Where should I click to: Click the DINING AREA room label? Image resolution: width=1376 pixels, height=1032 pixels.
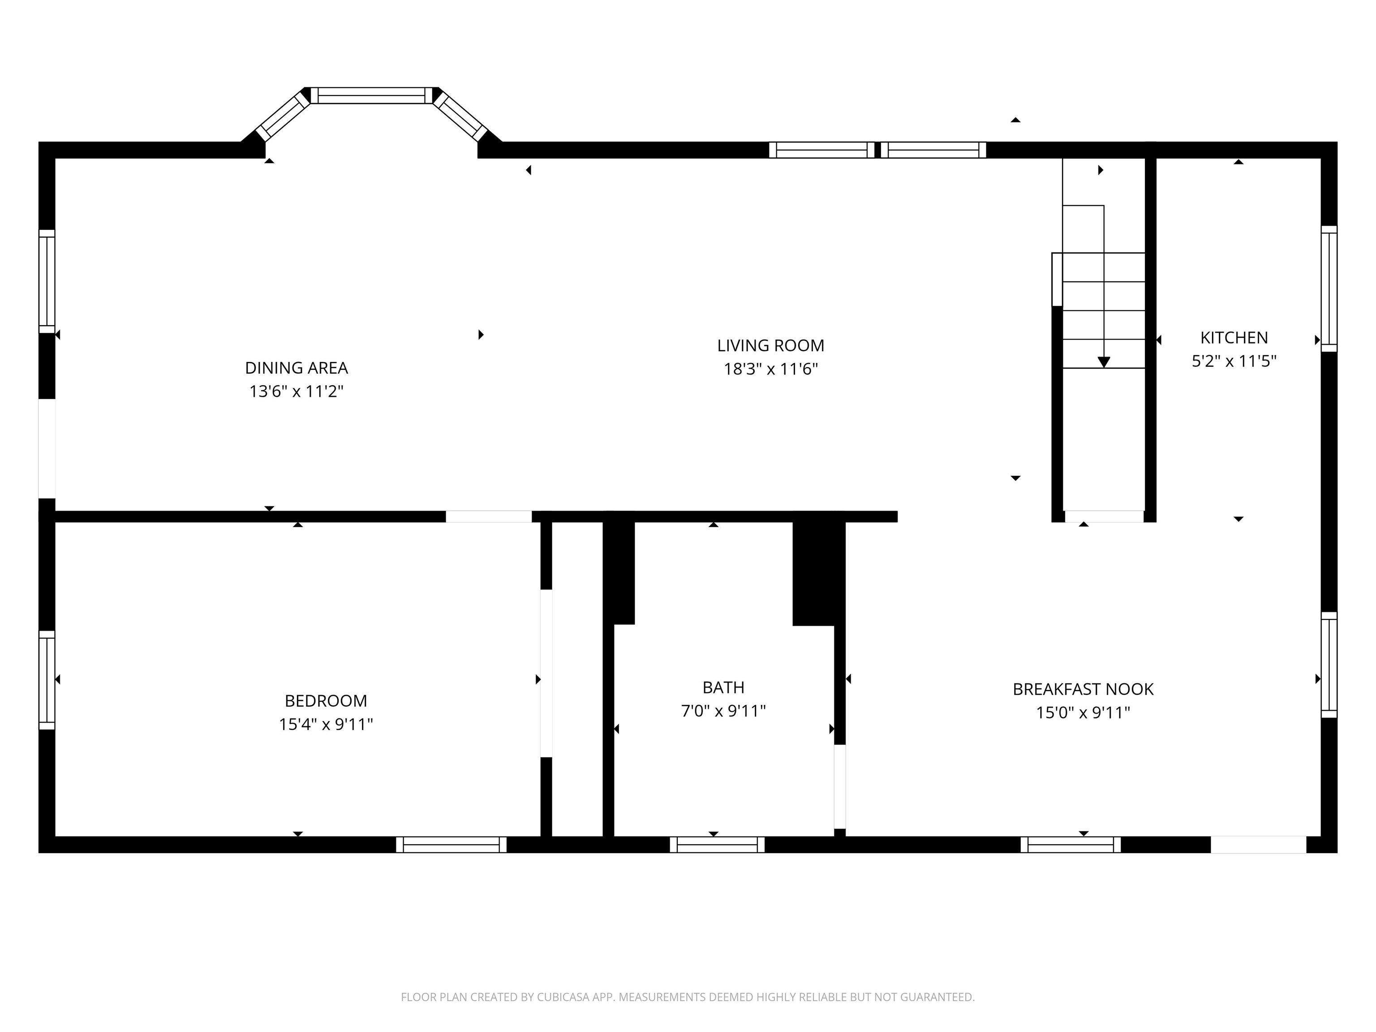pyautogui.click(x=296, y=368)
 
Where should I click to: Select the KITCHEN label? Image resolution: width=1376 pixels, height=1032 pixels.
pyautogui.click(x=1234, y=337)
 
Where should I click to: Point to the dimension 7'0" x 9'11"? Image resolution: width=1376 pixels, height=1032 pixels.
pyautogui.click(x=723, y=710)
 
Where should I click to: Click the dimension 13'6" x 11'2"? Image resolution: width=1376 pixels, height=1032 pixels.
pyautogui.click(x=296, y=391)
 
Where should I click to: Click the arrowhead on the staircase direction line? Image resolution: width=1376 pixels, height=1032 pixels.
pyautogui.click(x=1104, y=362)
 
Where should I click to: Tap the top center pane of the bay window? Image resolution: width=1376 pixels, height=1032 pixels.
pyautogui.click(x=371, y=95)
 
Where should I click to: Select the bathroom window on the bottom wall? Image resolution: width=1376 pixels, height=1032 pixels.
pyautogui.click(x=717, y=844)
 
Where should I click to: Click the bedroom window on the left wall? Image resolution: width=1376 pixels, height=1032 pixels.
pyautogui.click(x=47, y=679)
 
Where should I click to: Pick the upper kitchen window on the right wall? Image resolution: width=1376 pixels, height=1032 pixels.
pyautogui.click(x=1329, y=288)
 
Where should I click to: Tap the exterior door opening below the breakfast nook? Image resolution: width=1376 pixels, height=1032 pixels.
pyautogui.click(x=1258, y=844)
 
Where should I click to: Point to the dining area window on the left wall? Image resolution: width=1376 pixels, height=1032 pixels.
pyautogui.click(x=47, y=281)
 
